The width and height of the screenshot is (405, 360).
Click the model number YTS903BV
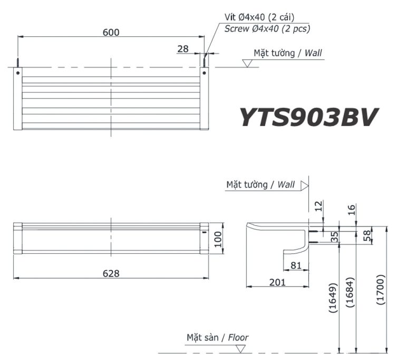pyautogui.click(x=309, y=118)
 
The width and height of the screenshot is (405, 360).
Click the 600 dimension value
pyautogui.click(x=111, y=32)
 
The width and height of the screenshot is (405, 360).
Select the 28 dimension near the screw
pyautogui.click(x=183, y=49)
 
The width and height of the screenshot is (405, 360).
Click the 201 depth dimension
pyautogui.click(x=277, y=282)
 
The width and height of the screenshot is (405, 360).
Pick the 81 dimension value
pyautogui.click(x=296, y=265)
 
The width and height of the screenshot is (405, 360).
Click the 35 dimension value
pyautogui.click(x=333, y=236)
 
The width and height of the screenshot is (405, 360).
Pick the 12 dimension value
pyautogui.click(x=318, y=206)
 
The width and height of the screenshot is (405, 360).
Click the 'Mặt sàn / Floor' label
pyautogui.click(x=217, y=337)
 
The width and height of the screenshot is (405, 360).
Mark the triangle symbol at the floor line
pyautogui.click(x=240, y=348)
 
